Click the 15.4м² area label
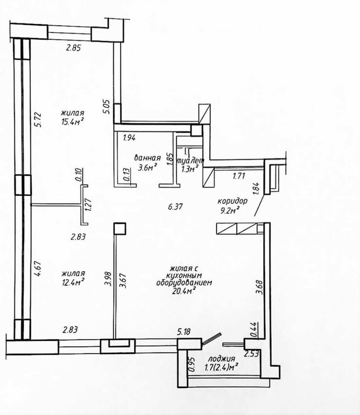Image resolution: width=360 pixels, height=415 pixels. pos(73,121)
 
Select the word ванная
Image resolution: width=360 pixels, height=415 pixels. pos(148,158)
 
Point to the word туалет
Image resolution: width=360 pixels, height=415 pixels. pos(190,161)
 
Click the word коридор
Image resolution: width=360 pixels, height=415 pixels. pos(232,201)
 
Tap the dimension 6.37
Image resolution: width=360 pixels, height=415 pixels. pos(175,207)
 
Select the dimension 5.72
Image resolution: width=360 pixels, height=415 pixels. pos(38,120)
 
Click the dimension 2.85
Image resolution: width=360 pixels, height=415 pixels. pos(73,48)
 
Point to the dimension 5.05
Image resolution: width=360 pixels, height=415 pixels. pos(107,107)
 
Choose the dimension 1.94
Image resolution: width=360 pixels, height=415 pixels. pos(129,138)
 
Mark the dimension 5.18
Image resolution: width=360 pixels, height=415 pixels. pos(183,332)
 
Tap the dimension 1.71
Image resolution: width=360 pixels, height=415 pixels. pos(239,176)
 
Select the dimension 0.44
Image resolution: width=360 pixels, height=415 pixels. pos(254,329)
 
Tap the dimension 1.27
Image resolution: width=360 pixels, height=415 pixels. pos(88,205)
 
